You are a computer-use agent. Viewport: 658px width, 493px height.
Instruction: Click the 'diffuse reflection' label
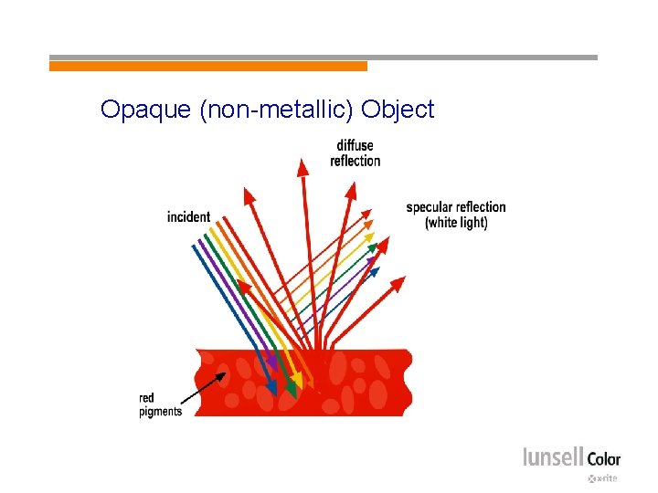point(355,153)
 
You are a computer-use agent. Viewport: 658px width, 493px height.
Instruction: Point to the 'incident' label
point(188,216)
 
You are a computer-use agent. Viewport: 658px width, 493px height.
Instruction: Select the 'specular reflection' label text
point(455,207)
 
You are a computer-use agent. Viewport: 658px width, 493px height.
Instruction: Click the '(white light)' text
point(456,223)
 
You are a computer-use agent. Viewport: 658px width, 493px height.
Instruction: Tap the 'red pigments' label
point(160,404)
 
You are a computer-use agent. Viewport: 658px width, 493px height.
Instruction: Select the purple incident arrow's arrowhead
point(271,362)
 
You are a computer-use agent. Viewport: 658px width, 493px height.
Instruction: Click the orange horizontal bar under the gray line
point(207,67)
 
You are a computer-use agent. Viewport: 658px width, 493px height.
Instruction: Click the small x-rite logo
point(602,478)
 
